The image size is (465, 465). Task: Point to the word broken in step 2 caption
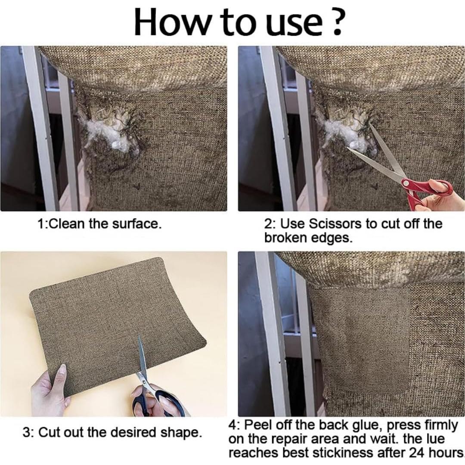[285, 238]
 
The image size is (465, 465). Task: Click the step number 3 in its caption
[26, 433]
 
